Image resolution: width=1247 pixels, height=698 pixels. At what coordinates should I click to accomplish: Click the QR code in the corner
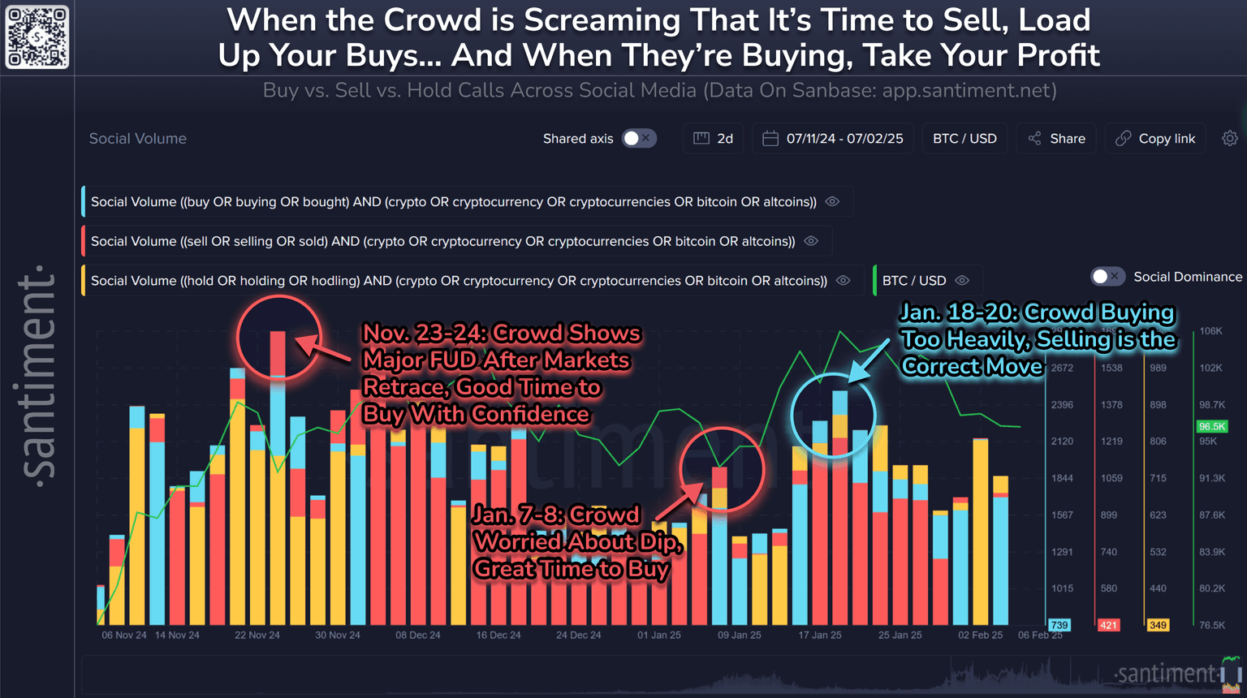[37, 37]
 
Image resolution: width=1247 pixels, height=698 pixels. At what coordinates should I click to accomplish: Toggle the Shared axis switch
[638, 139]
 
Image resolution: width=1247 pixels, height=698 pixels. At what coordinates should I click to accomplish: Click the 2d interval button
[714, 139]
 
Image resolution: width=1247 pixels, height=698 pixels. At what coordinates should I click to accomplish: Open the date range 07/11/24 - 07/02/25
[833, 139]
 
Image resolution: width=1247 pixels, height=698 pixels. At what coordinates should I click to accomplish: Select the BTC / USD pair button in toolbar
[964, 139]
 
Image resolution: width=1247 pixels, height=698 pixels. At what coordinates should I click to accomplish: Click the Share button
[1056, 139]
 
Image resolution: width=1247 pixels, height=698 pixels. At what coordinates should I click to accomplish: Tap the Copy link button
[1155, 139]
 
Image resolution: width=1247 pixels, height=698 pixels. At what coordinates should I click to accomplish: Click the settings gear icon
[1230, 139]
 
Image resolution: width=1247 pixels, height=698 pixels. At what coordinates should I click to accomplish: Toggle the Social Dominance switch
[1107, 277]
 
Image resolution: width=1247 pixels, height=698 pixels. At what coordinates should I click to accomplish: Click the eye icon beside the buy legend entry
[832, 202]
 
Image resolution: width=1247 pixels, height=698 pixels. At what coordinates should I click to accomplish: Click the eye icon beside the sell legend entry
[811, 241]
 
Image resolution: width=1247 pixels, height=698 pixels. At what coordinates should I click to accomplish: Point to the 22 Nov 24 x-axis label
[257, 636]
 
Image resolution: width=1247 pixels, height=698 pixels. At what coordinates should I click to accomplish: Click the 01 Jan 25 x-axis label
[659, 636]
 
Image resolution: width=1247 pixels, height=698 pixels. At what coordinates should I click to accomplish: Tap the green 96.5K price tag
[1211, 427]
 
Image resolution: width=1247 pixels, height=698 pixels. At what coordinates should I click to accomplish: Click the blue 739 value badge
[1059, 625]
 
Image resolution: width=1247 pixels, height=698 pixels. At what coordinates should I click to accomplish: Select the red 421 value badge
[1108, 625]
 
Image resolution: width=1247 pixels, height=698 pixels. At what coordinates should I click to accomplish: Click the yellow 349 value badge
[1158, 625]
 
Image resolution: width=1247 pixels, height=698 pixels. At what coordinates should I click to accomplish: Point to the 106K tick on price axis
[1210, 331]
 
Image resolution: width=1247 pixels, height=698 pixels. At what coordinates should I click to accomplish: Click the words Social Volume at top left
[138, 139]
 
